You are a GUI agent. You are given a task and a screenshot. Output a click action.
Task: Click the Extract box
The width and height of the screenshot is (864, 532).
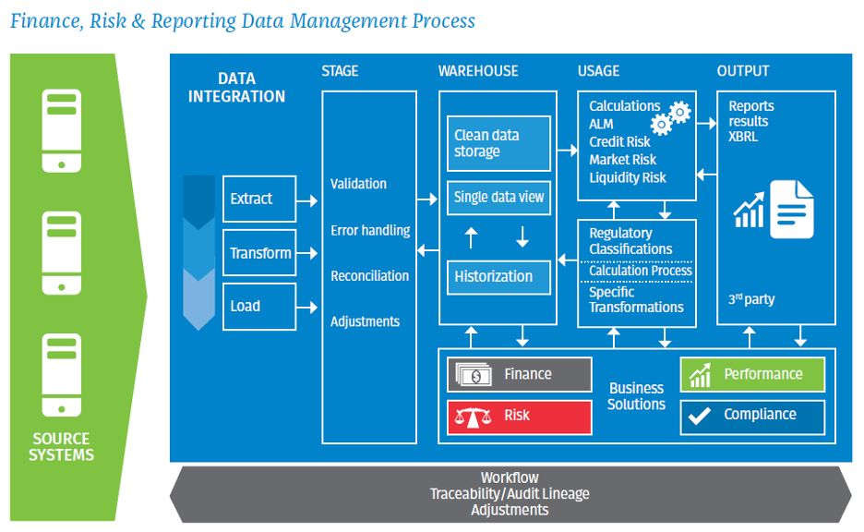[259, 199]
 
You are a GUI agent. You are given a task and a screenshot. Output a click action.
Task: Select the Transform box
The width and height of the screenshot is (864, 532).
[259, 253]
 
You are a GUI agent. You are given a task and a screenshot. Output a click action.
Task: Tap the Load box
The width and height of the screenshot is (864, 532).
[259, 307]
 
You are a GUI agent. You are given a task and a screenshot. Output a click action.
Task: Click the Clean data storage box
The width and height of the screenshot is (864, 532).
[498, 143]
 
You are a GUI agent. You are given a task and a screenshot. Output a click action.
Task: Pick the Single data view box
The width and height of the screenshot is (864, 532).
[498, 197]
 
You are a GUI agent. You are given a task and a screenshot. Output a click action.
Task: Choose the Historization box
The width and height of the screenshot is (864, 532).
[498, 276]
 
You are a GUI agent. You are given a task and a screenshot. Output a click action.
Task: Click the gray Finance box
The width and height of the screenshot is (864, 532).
[520, 374]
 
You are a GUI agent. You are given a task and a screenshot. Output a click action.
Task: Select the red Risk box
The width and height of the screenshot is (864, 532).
[520, 416]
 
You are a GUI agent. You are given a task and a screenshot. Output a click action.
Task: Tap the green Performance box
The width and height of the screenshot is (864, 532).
[751, 374]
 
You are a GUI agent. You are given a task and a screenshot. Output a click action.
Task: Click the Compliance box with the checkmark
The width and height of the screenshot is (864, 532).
[751, 415]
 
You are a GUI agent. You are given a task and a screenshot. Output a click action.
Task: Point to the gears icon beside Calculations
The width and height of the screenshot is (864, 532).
[671, 117]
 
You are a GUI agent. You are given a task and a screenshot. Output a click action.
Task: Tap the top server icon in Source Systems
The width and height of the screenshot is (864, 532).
[61, 129]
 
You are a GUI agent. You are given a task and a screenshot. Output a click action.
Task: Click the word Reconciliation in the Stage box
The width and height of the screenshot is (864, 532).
[369, 276]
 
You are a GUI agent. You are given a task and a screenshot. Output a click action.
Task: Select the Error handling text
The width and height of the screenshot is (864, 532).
[370, 230]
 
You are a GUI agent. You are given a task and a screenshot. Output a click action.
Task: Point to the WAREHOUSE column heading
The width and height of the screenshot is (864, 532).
[478, 71]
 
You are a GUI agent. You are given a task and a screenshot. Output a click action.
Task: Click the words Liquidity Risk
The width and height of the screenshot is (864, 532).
[628, 177]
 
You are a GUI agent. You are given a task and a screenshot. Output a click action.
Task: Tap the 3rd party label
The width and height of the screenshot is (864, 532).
[752, 299]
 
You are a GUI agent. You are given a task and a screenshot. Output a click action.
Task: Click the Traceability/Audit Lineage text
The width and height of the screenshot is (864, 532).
[510, 494]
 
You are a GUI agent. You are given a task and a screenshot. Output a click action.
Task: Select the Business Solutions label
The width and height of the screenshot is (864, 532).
[636, 396]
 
